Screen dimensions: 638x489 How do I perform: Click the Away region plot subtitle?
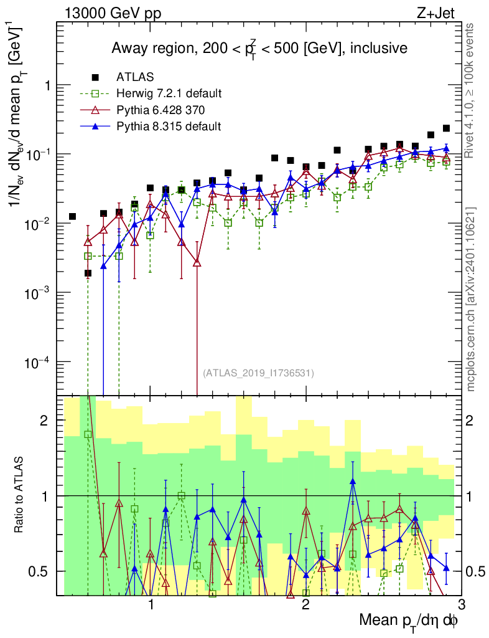[x=259, y=48]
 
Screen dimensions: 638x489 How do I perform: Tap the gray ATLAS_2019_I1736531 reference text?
[x=258, y=373]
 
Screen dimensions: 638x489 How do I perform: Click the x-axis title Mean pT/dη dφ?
[x=409, y=621]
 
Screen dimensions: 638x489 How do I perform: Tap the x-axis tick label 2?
[x=305, y=605]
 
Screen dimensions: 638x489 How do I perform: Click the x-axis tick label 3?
[x=460, y=605]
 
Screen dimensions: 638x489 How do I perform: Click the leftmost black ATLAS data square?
[x=72, y=216]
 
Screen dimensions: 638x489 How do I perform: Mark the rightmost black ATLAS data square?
[x=446, y=128]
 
